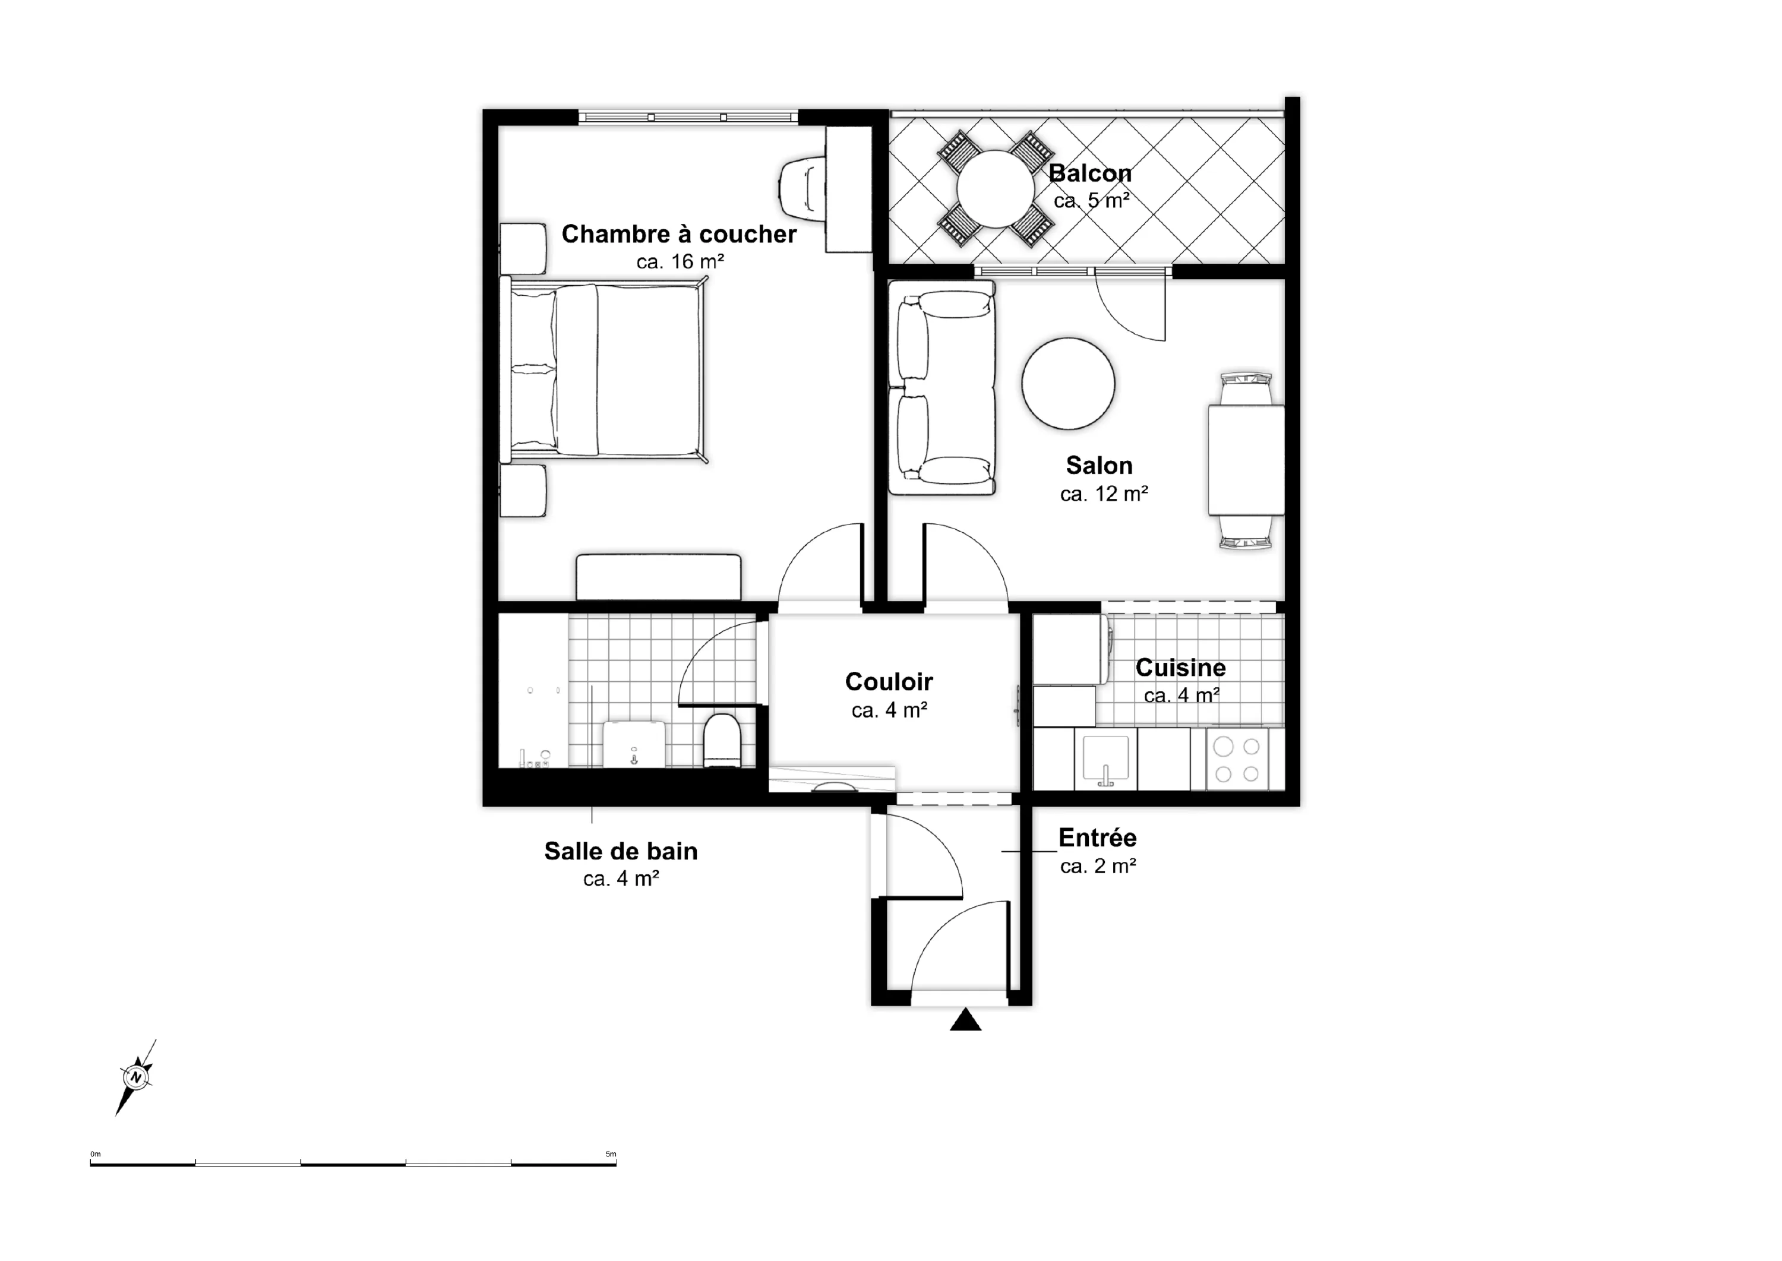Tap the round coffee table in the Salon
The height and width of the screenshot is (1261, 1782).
pos(1069,384)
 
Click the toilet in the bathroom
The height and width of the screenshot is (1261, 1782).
pos(722,740)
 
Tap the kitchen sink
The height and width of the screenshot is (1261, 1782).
pos(1105,759)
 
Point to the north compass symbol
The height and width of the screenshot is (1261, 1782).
pos(136,1077)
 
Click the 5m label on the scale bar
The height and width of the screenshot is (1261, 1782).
pos(611,1155)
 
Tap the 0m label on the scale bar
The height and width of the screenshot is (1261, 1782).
pos(96,1155)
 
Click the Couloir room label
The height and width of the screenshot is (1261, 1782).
pos(889,682)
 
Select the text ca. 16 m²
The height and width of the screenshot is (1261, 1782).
pos(680,262)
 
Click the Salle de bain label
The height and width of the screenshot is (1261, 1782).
pos(621,851)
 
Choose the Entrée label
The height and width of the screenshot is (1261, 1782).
pos(1097,838)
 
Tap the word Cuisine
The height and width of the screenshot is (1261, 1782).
pos(1181,668)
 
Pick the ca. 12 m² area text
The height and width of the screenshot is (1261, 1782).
pos(1104,494)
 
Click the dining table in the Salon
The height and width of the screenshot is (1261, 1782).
pos(1246,460)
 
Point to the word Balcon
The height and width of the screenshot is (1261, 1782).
pos(1090,173)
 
